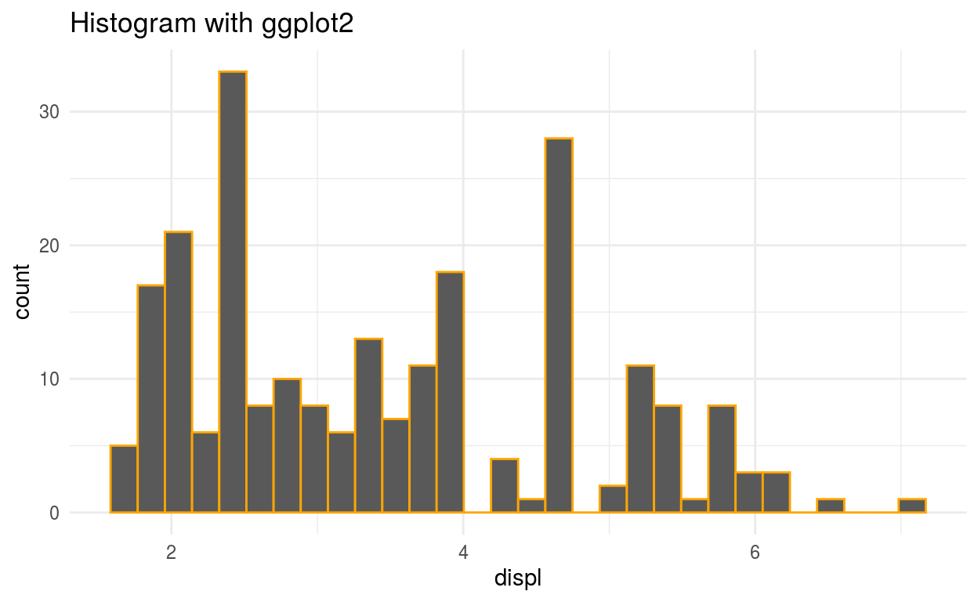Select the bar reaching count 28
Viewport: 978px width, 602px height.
coord(559,325)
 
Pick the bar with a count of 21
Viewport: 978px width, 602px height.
coord(179,372)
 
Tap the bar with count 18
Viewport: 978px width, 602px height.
coord(450,392)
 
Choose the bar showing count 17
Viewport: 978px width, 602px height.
coord(151,399)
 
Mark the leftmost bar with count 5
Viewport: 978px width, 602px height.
coord(124,479)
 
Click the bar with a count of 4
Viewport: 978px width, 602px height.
coord(505,486)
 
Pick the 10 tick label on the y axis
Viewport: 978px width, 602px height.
coord(49,379)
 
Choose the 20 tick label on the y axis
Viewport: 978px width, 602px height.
coord(49,245)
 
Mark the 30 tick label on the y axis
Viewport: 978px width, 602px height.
coord(49,112)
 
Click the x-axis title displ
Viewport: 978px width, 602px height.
coord(518,579)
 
